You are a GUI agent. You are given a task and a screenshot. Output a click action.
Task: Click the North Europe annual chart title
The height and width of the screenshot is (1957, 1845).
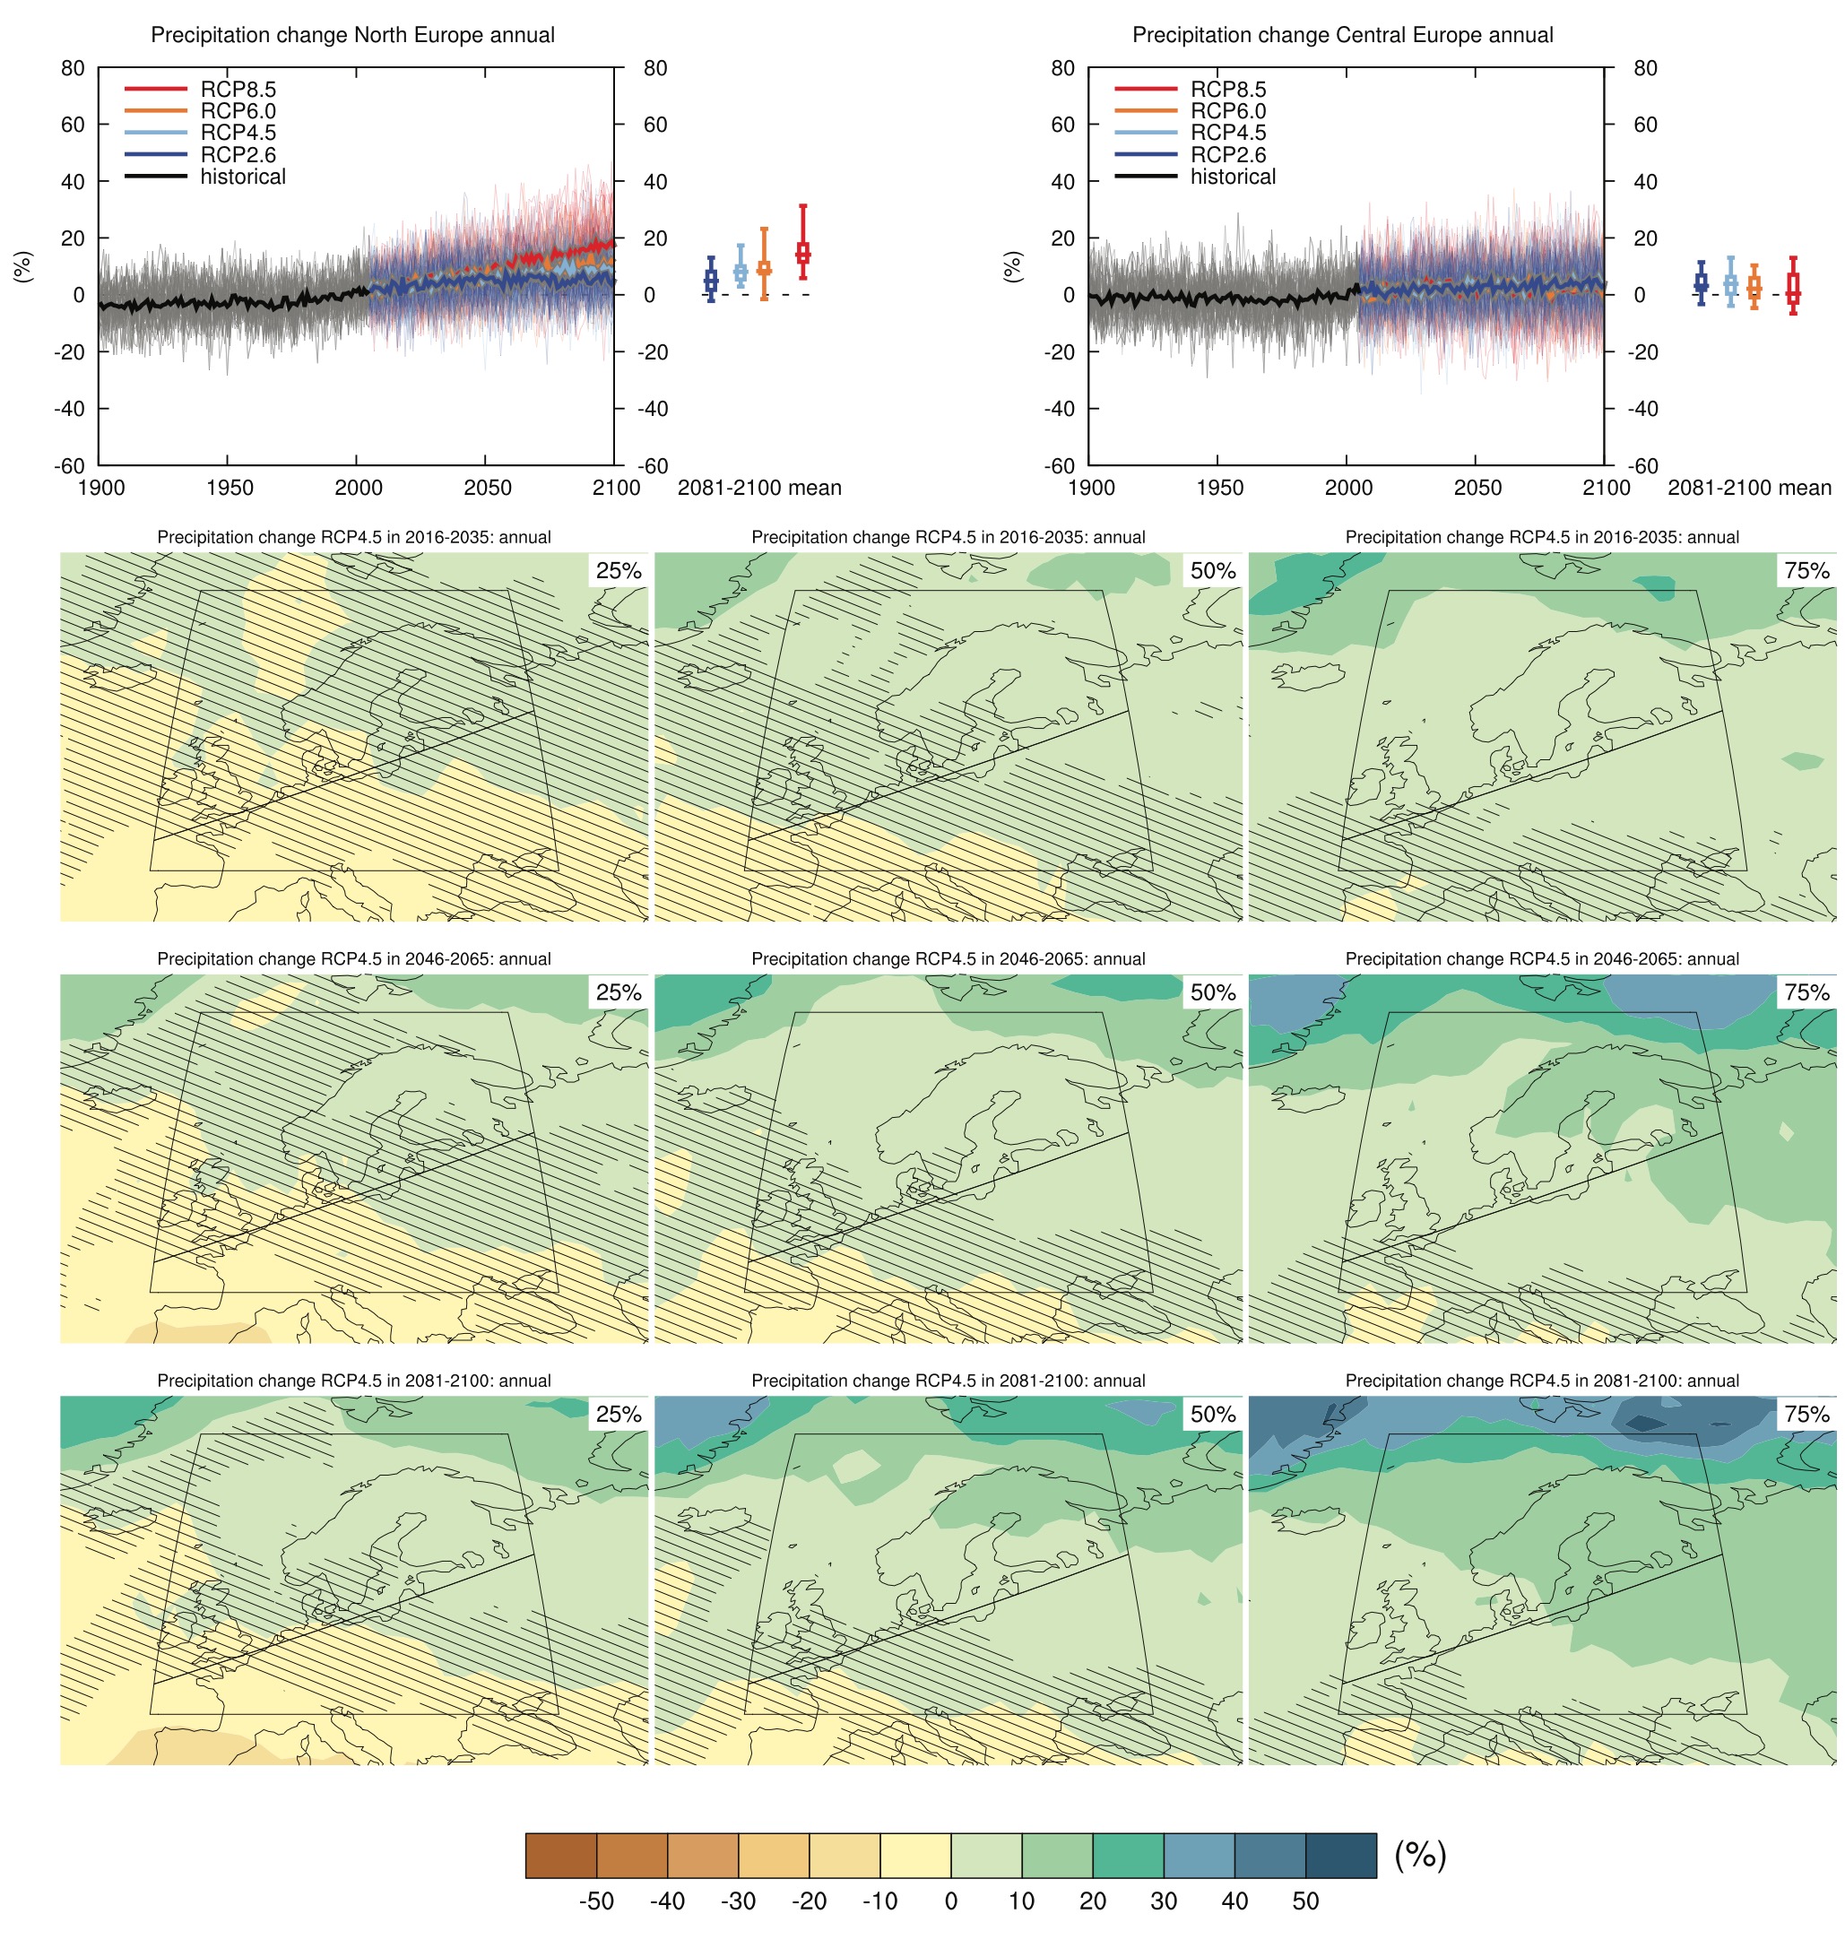click(x=352, y=36)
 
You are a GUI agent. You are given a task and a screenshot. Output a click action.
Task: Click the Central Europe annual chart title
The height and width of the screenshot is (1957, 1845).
click(x=1342, y=36)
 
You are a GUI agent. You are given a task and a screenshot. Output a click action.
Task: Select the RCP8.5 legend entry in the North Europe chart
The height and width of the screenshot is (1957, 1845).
click(x=238, y=90)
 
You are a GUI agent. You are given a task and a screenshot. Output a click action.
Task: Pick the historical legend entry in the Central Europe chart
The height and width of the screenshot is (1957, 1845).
click(x=1232, y=178)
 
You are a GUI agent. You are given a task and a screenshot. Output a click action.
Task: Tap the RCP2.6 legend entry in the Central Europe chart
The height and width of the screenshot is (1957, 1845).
click(x=1227, y=154)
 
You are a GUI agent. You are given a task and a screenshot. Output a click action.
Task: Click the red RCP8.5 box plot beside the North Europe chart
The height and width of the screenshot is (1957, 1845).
click(x=802, y=252)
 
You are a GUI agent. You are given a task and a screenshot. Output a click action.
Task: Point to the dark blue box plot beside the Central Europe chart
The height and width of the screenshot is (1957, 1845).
click(x=1701, y=283)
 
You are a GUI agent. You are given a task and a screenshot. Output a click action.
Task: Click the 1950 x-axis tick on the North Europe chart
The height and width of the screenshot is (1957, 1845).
click(x=230, y=489)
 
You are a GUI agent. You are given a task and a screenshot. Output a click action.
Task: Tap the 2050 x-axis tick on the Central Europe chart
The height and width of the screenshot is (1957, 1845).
click(x=1477, y=489)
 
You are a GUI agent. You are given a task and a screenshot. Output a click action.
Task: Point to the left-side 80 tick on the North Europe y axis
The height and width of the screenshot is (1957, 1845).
click(x=73, y=69)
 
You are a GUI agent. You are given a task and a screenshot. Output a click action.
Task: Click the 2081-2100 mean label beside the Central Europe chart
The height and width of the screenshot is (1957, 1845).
click(x=1748, y=489)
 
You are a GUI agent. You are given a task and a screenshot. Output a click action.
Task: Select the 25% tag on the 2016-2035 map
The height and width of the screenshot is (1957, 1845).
click(x=619, y=571)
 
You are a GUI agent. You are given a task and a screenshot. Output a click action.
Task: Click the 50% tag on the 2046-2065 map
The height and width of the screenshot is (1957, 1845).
click(x=1212, y=992)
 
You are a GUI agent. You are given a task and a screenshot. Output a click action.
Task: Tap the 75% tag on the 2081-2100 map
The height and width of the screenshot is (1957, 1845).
click(x=1806, y=1415)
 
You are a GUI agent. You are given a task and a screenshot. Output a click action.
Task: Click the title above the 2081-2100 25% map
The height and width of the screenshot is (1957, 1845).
click(x=353, y=1381)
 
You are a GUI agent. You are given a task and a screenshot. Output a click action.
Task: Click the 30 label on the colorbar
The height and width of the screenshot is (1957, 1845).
click(x=1163, y=1901)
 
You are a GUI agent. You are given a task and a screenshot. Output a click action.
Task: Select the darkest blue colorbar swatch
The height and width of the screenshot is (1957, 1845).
click(x=1340, y=1856)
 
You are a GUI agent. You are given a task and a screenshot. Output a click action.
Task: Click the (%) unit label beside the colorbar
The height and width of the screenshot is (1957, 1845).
click(x=1420, y=1856)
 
